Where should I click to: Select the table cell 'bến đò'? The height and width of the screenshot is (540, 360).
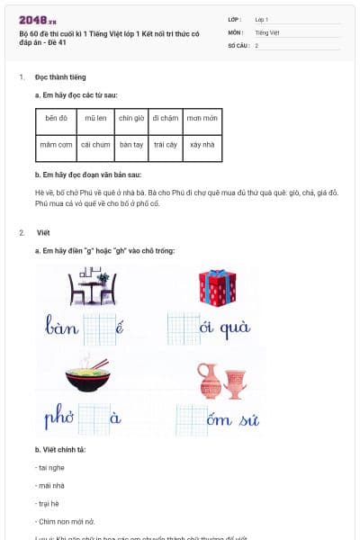57,119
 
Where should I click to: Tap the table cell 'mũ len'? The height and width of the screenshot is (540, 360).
95,119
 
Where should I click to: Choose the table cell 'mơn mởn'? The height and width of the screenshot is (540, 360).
203,119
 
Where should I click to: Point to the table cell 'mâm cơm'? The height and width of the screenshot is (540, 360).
57,145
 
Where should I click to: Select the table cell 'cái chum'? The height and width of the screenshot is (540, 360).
95,145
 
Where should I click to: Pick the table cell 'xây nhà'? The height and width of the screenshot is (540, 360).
203,145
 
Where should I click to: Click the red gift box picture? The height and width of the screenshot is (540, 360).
217,287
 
